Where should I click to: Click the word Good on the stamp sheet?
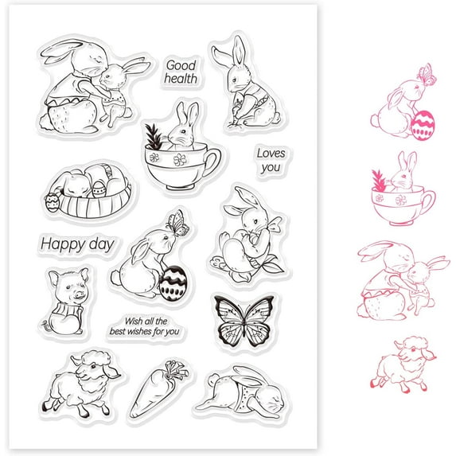click(x=181, y=65)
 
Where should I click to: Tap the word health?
click(x=181, y=79)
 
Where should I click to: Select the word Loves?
click(x=271, y=154)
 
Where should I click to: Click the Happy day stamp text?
click(x=77, y=244)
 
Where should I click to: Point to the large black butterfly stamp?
click(x=244, y=321)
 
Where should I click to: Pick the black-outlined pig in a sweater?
click(x=67, y=302)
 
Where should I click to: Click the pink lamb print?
click(x=403, y=364)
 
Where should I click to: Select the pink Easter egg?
click(x=423, y=126)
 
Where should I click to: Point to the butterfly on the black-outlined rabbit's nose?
click(x=177, y=224)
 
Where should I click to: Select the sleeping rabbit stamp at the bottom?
click(x=240, y=392)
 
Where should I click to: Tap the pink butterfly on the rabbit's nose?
click(x=427, y=75)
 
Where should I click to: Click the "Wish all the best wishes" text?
click(x=145, y=326)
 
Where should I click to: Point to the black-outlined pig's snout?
click(x=79, y=295)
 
